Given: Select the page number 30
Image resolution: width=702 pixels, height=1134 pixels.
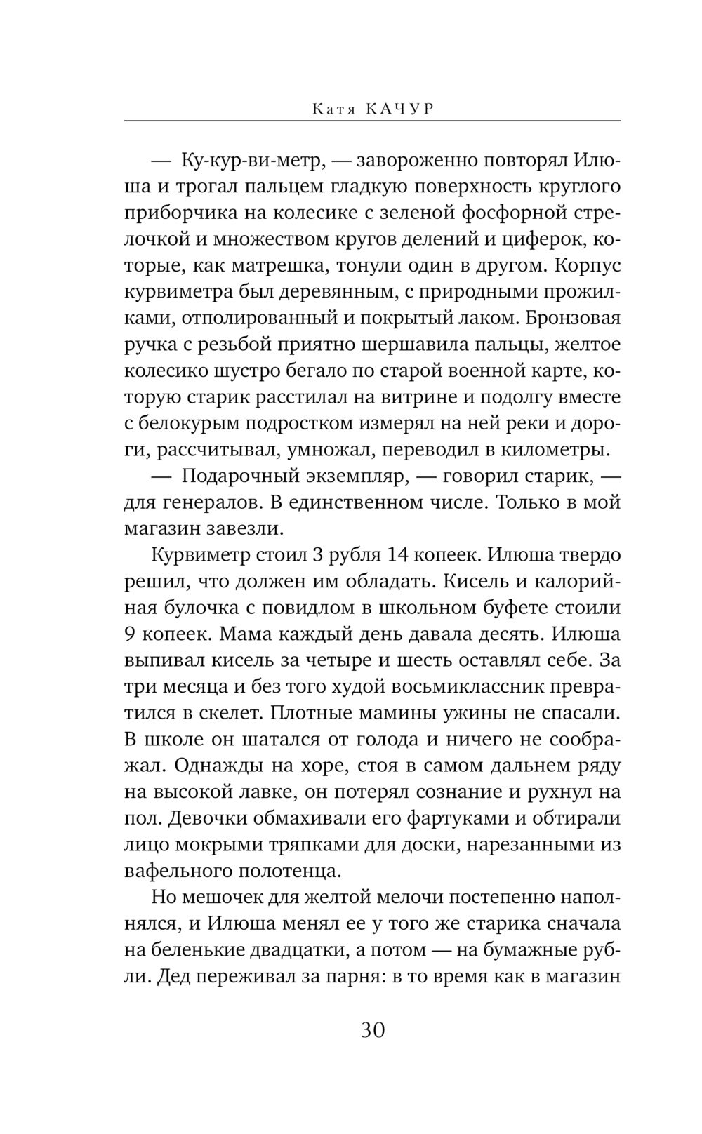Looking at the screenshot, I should coord(373,1030).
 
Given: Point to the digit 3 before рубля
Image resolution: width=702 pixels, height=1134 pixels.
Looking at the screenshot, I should coord(317,555).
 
